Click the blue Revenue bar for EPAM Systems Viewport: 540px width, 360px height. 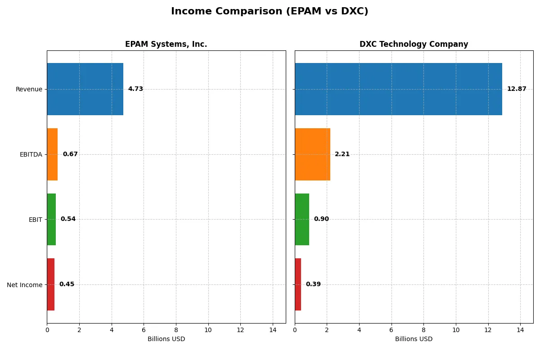point(85,89)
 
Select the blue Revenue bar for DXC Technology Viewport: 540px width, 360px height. point(398,89)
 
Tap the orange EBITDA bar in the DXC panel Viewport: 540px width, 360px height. point(312,154)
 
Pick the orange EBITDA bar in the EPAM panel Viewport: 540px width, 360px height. point(52,154)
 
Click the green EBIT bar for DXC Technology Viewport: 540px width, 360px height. point(302,219)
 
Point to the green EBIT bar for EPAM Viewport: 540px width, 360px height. point(51,219)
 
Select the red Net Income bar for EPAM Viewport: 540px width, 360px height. point(51,284)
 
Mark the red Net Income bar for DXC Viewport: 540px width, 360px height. point(298,284)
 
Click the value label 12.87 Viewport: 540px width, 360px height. point(516,89)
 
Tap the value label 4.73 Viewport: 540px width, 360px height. point(135,89)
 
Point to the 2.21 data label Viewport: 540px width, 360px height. point(342,154)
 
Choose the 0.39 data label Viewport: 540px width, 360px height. point(313,284)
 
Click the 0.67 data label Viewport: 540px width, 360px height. point(70,154)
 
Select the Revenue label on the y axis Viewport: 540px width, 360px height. point(29,89)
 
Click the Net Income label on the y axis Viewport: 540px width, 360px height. point(25,285)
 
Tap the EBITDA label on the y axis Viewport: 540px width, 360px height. point(31,154)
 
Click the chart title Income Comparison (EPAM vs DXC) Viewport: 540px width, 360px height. point(270,12)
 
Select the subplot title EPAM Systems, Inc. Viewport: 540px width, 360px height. point(166,45)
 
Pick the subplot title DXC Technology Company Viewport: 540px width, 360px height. point(414,45)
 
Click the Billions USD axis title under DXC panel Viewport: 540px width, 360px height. point(414,339)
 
